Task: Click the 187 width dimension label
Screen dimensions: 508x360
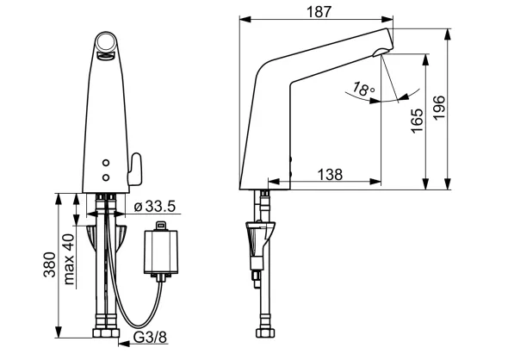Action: pyautogui.click(x=319, y=12)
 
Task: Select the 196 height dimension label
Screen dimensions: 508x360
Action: pyautogui.click(x=440, y=108)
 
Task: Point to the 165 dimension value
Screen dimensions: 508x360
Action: pyautogui.click(x=417, y=121)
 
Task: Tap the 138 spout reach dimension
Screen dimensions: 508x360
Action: pyautogui.click(x=330, y=174)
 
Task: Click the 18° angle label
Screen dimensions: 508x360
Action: pyautogui.click(x=364, y=89)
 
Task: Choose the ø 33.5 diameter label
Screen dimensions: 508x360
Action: pyautogui.click(x=155, y=206)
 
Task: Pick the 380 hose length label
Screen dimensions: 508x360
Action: pyautogui.click(x=50, y=264)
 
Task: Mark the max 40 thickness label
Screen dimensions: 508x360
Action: pyautogui.click(x=69, y=259)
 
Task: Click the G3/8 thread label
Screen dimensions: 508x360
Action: pyautogui.click(x=151, y=338)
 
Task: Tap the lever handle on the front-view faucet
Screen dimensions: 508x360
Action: pyautogui.click(x=135, y=169)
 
